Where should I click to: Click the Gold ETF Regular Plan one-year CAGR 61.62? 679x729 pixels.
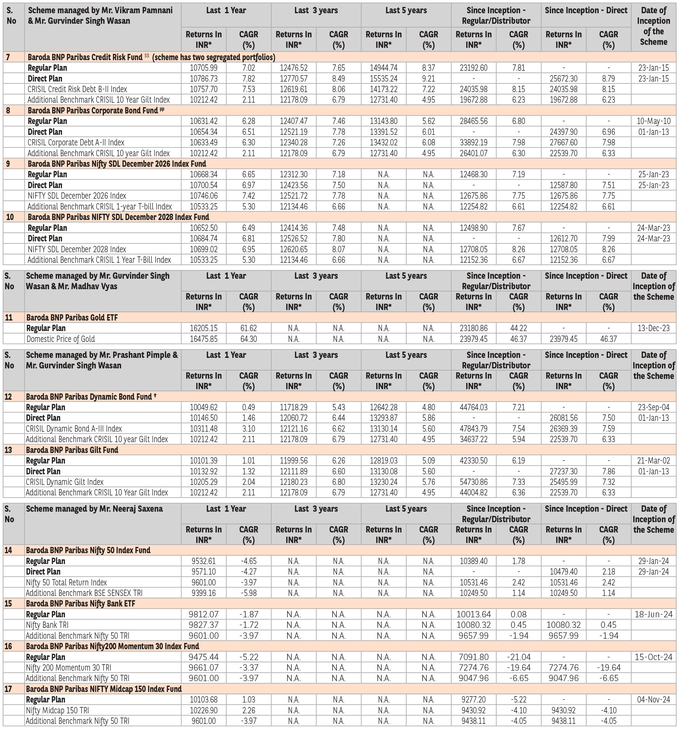pos(248,328)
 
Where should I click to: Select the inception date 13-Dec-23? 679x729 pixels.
pos(653,328)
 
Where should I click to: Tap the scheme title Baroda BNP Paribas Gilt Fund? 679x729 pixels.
pos(72,450)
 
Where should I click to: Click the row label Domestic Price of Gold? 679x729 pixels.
pos(60,339)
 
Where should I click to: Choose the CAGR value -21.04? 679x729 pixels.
pos(518,657)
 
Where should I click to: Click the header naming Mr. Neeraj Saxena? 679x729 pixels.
pos(94,509)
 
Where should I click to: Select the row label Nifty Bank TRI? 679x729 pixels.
pos(47,625)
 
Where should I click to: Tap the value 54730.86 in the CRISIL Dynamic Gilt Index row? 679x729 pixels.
pos(474,482)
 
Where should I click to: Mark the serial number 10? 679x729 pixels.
pos(10,217)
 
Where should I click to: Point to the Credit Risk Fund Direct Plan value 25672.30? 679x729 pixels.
pos(563,79)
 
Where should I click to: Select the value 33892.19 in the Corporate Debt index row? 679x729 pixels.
pos(474,143)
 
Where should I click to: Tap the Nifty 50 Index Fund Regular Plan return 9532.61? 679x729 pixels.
pos(203,561)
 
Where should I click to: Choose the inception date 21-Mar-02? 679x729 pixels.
pos(653,461)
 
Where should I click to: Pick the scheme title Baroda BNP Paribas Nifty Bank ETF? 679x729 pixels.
pos(80,603)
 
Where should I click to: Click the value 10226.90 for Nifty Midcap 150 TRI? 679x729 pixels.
pos(203,710)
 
